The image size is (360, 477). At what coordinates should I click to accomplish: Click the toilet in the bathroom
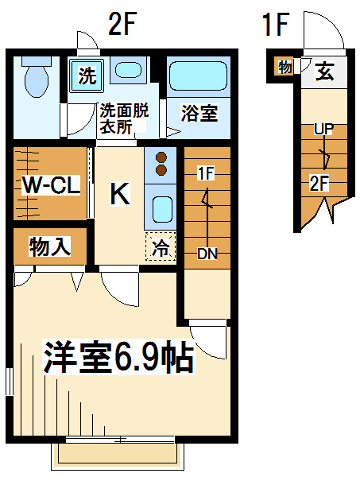(x=37, y=76)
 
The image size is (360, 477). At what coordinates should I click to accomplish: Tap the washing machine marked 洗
(x=87, y=76)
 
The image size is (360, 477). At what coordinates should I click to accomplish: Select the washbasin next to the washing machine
(x=129, y=70)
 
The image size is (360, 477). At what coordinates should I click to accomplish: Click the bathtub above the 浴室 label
(x=198, y=76)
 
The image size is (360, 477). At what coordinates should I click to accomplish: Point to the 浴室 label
(x=199, y=113)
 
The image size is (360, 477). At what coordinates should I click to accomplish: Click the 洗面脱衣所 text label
(x=124, y=118)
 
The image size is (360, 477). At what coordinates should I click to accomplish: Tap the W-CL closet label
(x=52, y=184)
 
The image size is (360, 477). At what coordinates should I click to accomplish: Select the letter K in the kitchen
(x=120, y=194)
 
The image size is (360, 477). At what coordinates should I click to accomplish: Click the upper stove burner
(x=161, y=158)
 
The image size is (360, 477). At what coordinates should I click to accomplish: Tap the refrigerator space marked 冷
(x=161, y=246)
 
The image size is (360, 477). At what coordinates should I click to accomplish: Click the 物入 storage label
(x=50, y=246)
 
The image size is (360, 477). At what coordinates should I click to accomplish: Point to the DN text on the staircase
(x=207, y=254)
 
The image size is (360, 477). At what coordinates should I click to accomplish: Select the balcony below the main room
(x=118, y=455)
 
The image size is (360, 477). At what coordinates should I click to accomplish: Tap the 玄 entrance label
(x=325, y=72)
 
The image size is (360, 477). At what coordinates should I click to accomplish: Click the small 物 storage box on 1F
(x=284, y=66)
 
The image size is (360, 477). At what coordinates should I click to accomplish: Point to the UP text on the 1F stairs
(x=323, y=129)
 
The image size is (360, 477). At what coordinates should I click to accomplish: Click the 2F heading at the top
(x=122, y=24)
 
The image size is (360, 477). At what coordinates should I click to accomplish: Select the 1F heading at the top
(x=276, y=24)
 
